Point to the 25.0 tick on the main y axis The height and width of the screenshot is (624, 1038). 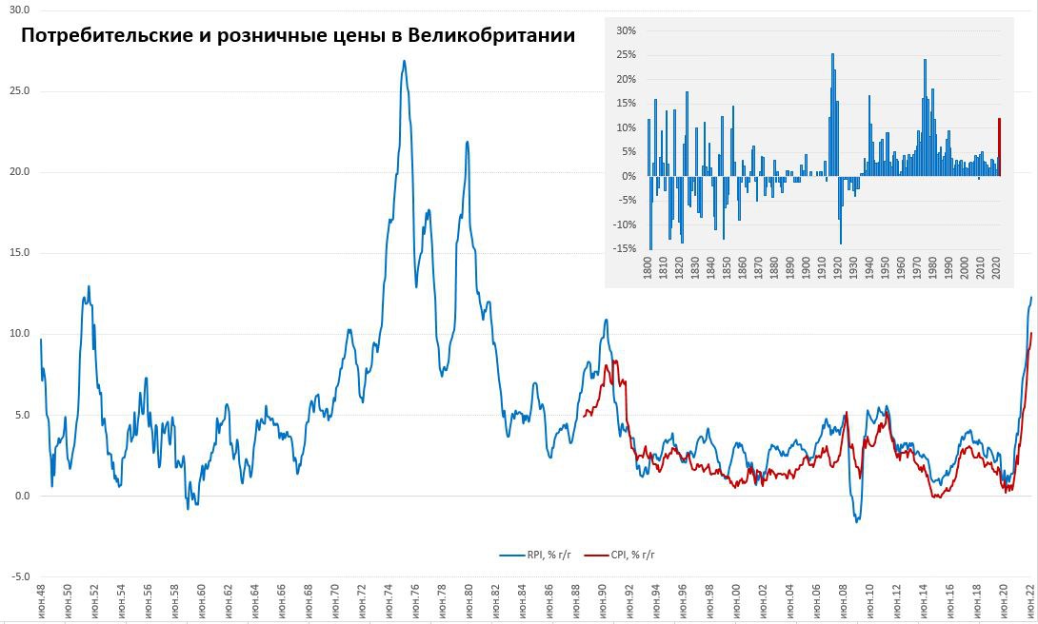(x=19, y=91)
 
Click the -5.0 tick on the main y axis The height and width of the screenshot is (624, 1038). (x=19, y=576)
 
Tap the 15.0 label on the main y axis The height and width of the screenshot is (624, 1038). (x=19, y=253)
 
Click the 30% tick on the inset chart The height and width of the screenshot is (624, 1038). (x=626, y=30)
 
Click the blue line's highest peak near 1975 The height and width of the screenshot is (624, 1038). (x=404, y=62)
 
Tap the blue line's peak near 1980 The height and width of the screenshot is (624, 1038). (x=468, y=142)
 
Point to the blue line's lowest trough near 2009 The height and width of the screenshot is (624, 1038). (x=857, y=521)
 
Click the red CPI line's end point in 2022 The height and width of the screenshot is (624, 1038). (x=1031, y=333)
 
